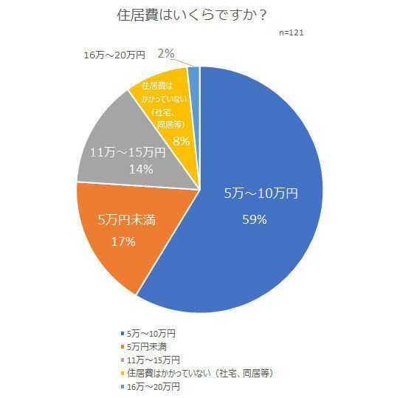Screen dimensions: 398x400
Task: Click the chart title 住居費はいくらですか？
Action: (x=199, y=16)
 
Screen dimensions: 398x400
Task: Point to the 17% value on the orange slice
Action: (x=123, y=241)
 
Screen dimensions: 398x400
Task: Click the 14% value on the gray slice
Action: (x=139, y=170)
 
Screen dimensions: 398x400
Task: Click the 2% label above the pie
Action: (x=166, y=53)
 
